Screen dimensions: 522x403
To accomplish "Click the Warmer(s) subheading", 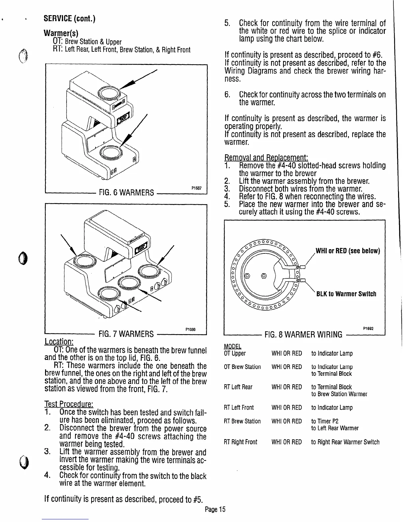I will tap(61, 33).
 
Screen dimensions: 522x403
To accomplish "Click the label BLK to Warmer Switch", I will tap(346, 294).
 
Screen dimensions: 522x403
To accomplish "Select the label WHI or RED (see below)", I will tap(348, 251).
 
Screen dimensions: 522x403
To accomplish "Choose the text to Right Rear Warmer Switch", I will tap(345, 442).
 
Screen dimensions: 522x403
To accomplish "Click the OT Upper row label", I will tap(234, 353).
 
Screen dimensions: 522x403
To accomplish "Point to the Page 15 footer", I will tap(215, 509).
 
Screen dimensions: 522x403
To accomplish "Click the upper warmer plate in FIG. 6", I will tap(108, 94).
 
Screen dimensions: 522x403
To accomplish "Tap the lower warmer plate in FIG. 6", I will tap(108, 153).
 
